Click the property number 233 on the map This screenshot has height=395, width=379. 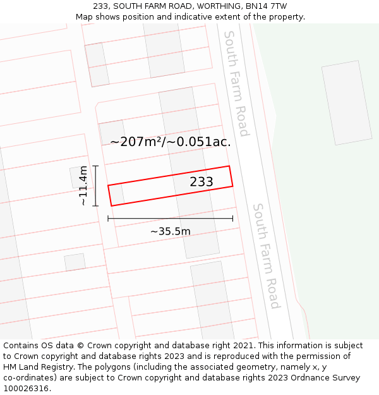click(x=202, y=182)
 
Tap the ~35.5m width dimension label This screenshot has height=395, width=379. click(x=170, y=231)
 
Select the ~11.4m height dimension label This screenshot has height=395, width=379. click(x=83, y=186)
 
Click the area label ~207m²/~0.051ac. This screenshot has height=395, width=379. click(x=171, y=142)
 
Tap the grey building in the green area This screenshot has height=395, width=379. click(x=346, y=102)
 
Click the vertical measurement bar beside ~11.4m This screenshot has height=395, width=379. click(x=95, y=186)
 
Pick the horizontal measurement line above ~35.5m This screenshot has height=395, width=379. click(x=170, y=219)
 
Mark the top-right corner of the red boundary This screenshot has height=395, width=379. click(x=229, y=166)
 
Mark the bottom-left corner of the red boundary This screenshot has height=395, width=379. click(x=112, y=205)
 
